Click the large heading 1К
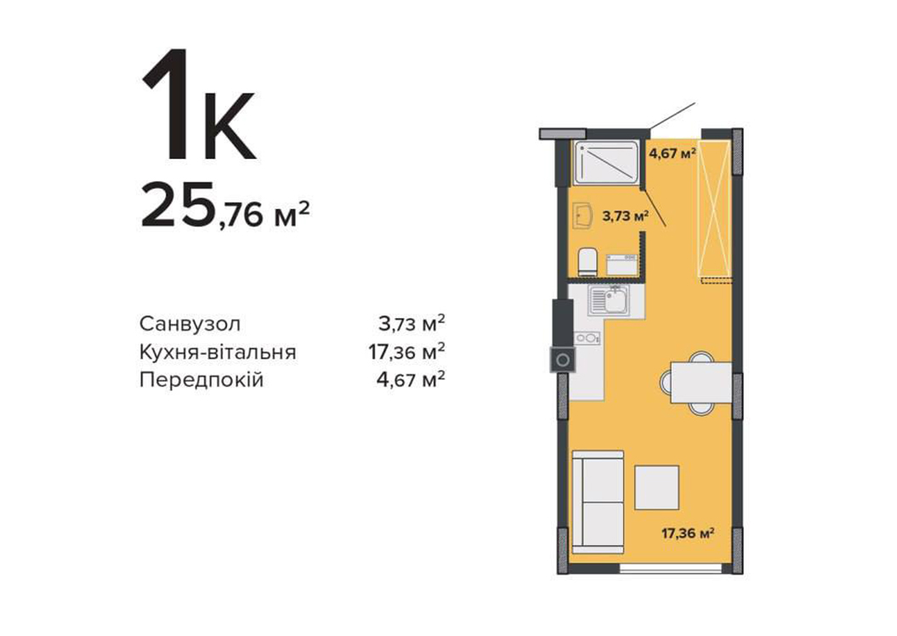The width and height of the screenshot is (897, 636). tap(198, 105)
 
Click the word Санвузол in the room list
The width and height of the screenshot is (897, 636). tap(190, 324)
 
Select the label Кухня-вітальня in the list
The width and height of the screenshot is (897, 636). tap(218, 352)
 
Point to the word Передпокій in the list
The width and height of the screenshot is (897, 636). tap(202, 379)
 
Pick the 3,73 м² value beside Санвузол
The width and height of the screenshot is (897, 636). tap(412, 324)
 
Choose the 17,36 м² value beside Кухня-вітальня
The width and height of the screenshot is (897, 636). tap(406, 352)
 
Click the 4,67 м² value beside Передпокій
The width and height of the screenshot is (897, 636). tap(411, 379)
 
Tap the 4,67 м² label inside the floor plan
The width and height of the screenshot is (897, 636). tap(673, 153)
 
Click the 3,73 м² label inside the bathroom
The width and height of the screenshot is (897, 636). tap(626, 216)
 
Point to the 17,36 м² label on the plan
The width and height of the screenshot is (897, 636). tap(688, 534)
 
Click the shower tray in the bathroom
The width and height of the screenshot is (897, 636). tap(606, 162)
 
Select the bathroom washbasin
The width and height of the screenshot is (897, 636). tap(582, 215)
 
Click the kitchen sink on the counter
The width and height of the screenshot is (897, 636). tap(609, 301)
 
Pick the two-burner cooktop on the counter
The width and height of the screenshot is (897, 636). tap(588, 338)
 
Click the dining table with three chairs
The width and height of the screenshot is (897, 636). tap(695, 382)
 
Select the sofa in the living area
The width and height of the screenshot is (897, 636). tap(598, 502)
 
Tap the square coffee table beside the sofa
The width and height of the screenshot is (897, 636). tap(656, 487)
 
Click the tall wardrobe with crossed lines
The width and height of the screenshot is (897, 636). tap(716, 209)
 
